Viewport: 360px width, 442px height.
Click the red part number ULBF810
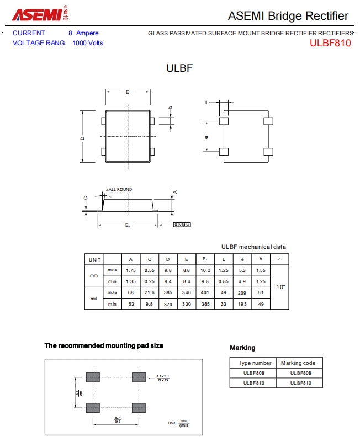coord(330,43)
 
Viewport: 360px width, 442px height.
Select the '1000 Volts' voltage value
coord(88,43)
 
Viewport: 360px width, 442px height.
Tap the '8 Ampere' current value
coord(83,33)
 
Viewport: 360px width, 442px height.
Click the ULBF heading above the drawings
coord(179,68)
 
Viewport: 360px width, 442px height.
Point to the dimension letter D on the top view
coord(82,138)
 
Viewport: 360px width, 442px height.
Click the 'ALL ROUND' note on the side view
coord(120,189)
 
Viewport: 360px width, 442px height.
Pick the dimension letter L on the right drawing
coord(207,103)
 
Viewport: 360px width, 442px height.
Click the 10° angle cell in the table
coord(280,287)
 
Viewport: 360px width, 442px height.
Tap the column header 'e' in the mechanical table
coord(242,259)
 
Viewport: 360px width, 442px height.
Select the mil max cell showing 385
coord(168,292)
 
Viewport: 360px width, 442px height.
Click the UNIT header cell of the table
coord(94,259)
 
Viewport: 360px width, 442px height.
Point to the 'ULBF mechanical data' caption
coord(253,247)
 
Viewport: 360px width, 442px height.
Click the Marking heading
coord(242,348)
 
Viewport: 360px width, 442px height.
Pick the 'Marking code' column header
coord(298,363)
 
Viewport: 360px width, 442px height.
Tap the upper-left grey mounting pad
coord(93,377)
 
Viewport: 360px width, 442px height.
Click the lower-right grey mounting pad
coord(139,408)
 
